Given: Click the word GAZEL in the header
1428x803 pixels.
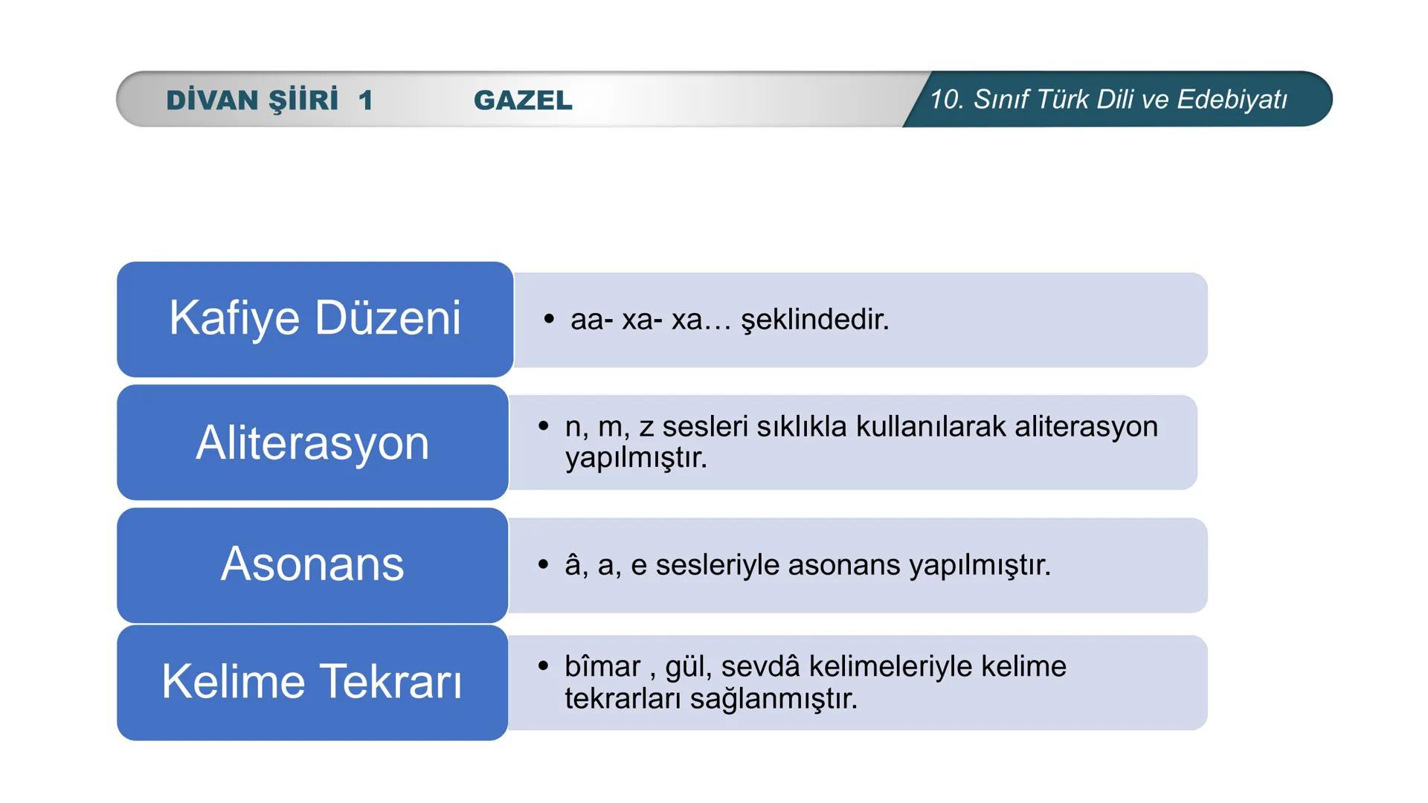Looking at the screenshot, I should coord(523,100).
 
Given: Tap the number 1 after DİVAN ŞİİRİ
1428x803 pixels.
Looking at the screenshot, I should coord(364,100).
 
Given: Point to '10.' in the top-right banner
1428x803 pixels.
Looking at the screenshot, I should coord(947,100).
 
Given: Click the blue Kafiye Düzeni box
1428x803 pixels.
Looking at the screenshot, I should coord(315,319).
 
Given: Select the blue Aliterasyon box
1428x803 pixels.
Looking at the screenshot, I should coord(312,442).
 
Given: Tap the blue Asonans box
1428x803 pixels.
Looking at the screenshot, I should coord(312,564).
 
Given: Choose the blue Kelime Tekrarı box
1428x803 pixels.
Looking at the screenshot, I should coord(312,682).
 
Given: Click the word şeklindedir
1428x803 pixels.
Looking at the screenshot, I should coord(815,320).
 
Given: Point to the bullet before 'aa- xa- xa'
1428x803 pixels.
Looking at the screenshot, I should coord(549,319).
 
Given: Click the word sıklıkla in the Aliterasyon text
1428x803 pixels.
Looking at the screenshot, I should coord(802,427).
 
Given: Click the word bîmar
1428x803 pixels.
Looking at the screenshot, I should coord(602,667).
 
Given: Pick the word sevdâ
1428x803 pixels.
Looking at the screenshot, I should coord(760,667).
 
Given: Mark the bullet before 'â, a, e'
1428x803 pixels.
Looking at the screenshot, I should coord(544,564).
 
